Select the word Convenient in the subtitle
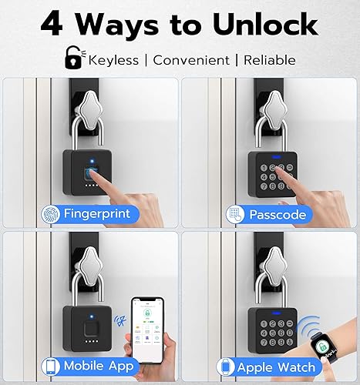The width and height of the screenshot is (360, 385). (x=192, y=59)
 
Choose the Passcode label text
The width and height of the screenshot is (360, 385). (x=275, y=214)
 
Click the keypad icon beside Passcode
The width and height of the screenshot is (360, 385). (x=234, y=214)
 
